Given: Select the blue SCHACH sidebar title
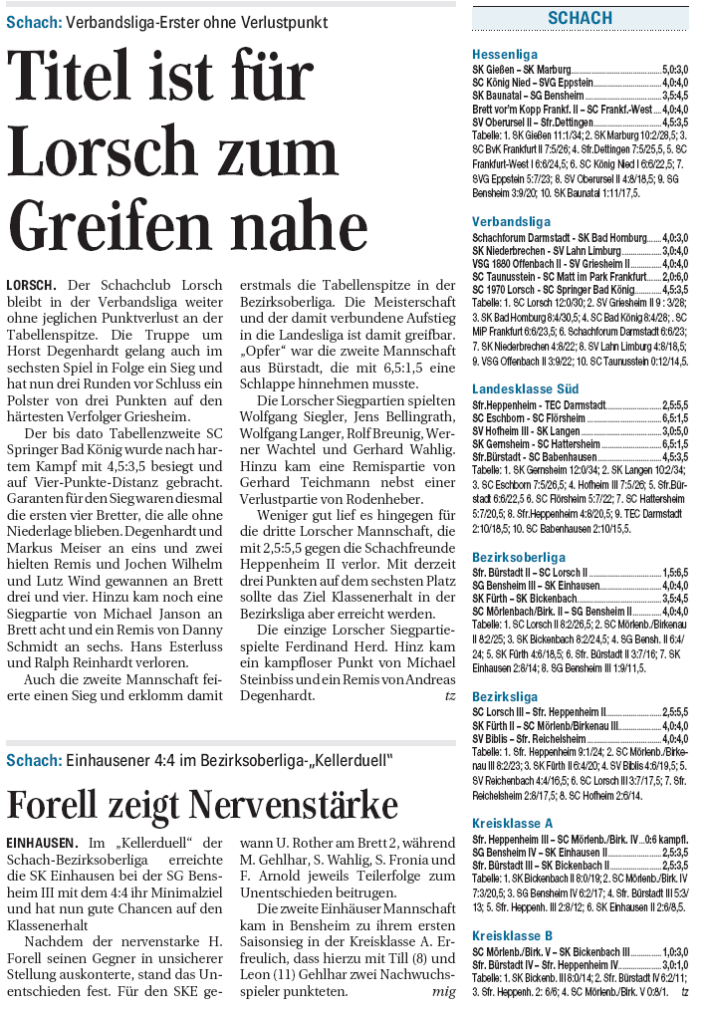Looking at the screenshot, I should pyautogui.click(x=580, y=18).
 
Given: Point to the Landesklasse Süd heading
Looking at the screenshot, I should pyautogui.click(x=525, y=387).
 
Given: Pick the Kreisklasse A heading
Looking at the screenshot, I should pyautogui.click(x=512, y=823).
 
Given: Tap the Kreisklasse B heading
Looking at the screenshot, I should pyautogui.click(x=512, y=935).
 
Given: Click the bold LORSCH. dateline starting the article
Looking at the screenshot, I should pyautogui.click(x=31, y=285).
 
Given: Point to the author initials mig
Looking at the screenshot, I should pyautogui.click(x=443, y=992).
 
